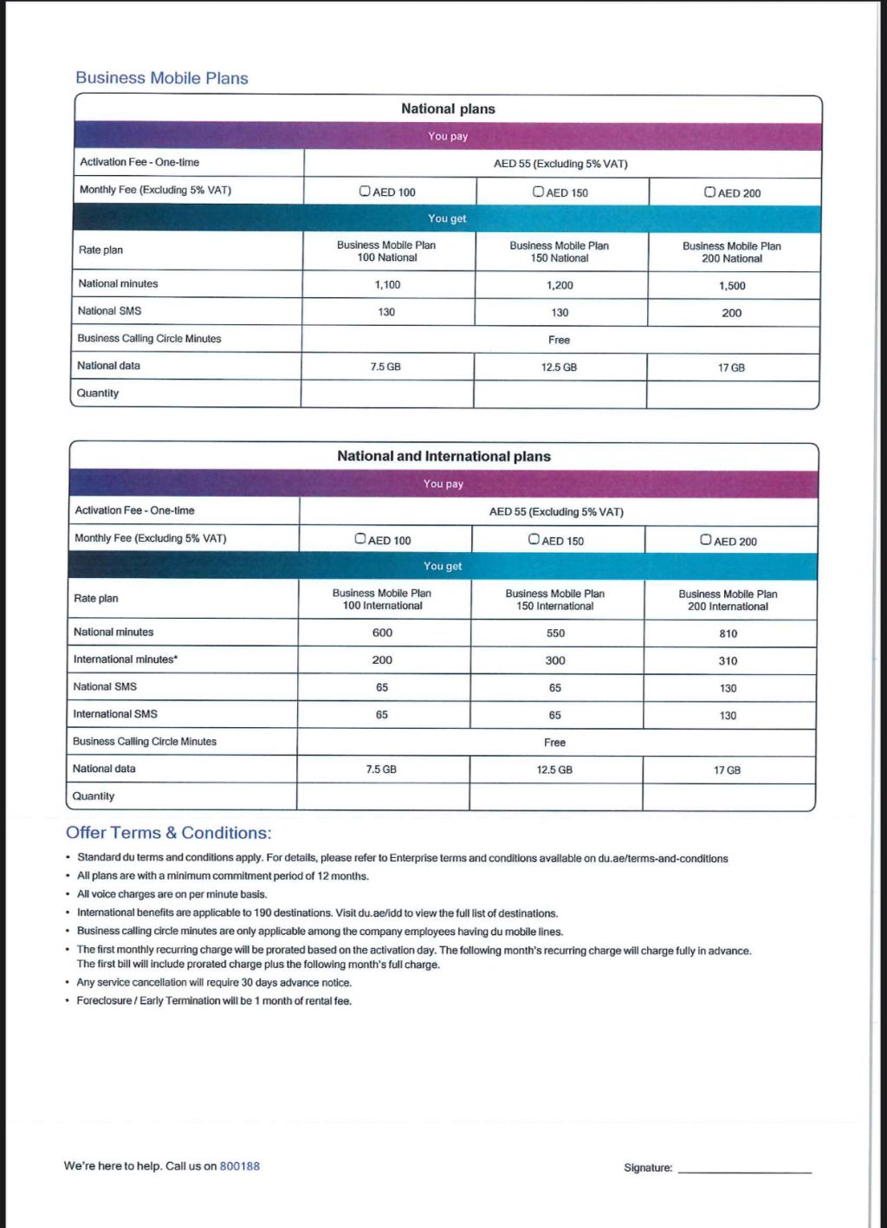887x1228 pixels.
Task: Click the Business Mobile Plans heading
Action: [x=162, y=78]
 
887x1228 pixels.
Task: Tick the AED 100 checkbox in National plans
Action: [x=366, y=192]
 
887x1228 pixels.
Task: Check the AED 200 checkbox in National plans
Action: [x=710, y=192]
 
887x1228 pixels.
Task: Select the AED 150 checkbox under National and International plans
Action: [x=534, y=540]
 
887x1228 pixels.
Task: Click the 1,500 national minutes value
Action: [x=732, y=286]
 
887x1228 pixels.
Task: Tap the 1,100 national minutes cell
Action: [x=387, y=284]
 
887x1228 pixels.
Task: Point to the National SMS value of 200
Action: [x=732, y=313]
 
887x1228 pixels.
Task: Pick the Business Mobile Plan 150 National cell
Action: [x=560, y=252]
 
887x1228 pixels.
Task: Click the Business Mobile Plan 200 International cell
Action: [x=728, y=600]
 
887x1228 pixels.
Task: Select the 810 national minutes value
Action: [x=728, y=633]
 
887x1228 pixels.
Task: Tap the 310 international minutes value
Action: [x=728, y=661]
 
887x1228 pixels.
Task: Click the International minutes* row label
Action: [x=126, y=659]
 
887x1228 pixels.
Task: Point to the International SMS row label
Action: [x=115, y=714]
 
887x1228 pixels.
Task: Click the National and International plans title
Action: [x=443, y=456]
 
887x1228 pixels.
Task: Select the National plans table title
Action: [x=448, y=109]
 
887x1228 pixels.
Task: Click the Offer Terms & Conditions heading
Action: [x=169, y=833]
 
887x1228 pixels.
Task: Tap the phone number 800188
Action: [x=240, y=1166]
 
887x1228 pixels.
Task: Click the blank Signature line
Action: [x=745, y=1168]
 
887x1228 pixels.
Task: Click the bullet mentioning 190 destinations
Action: [x=317, y=913]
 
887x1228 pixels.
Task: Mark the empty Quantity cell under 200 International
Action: [x=728, y=796]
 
